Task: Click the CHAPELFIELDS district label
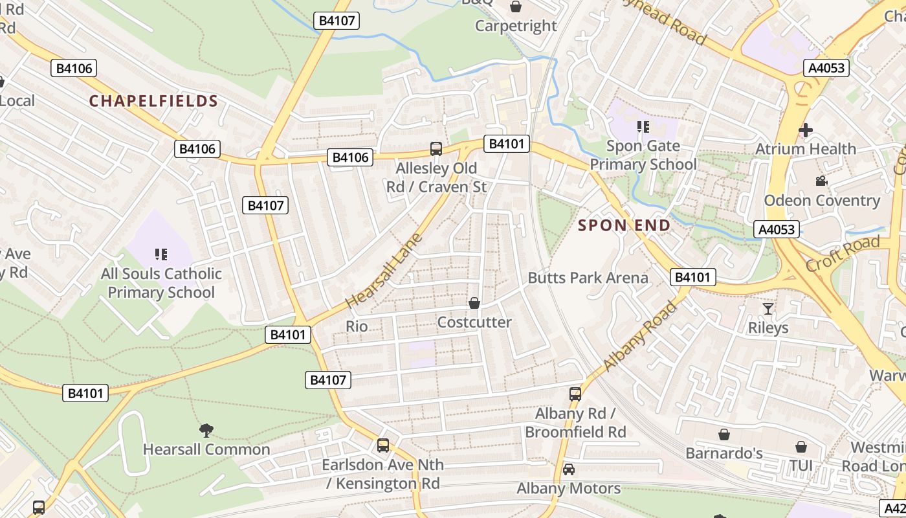click(x=153, y=101)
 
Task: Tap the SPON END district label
click(x=624, y=225)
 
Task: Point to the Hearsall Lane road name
click(x=384, y=271)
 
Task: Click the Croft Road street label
click(x=843, y=254)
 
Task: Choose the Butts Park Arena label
click(x=588, y=278)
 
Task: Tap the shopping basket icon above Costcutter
click(x=474, y=303)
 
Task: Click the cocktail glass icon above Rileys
click(x=768, y=308)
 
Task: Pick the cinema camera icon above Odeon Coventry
click(x=822, y=181)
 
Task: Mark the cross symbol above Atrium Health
click(x=806, y=130)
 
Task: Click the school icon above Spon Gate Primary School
click(x=643, y=127)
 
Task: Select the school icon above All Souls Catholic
click(x=161, y=254)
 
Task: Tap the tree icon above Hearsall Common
click(x=206, y=429)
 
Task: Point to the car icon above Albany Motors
click(x=569, y=469)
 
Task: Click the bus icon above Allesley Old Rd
click(x=436, y=149)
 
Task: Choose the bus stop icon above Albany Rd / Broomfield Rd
click(x=575, y=394)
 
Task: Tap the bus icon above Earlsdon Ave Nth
click(x=383, y=445)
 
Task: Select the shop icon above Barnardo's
click(x=724, y=434)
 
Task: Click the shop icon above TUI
click(x=801, y=447)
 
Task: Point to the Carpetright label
click(x=516, y=26)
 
